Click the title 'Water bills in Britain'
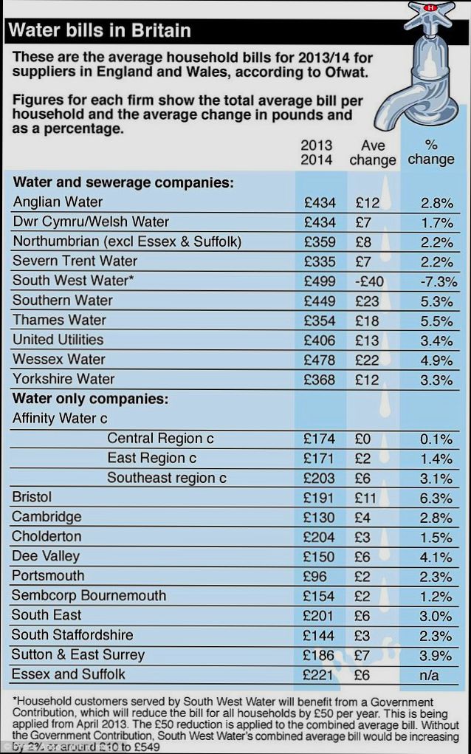99,30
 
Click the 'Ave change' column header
373,152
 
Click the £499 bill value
319,281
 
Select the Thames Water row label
59,320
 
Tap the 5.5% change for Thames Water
436,321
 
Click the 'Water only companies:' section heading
90,399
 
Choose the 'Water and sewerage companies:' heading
123,182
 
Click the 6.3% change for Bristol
436,498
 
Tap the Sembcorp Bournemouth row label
89,595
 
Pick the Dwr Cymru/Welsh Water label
91,222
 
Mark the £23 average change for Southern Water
366,301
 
